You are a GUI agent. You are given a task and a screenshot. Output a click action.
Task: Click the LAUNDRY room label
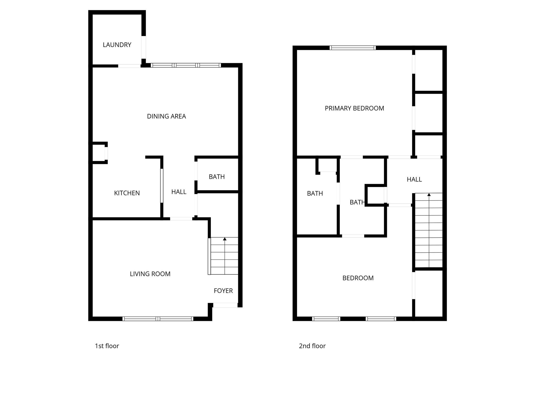pyautogui.click(x=117, y=45)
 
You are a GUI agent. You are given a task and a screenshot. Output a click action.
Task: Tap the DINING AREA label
pyautogui.click(x=166, y=116)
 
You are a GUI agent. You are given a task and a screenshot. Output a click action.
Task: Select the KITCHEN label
pyautogui.click(x=127, y=193)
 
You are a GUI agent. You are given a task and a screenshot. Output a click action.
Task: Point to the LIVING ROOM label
pyautogui.click(x=150, y=274)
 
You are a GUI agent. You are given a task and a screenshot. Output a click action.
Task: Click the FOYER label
pyautogui.click(x=223, y=291)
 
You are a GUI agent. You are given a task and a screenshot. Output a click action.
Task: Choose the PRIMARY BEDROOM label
pyautogui.click(x=354, y=108)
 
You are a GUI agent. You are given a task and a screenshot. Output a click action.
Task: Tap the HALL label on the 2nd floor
pyautogui.click(x=414, y=180)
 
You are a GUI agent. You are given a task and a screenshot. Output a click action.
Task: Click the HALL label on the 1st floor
pyautogui.click(x=179, y=192)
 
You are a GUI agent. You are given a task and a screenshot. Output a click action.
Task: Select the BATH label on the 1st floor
pyautogui.click(x=217, y=177)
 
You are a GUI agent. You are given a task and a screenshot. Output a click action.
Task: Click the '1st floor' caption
pyautogui.click(x=107, y=346)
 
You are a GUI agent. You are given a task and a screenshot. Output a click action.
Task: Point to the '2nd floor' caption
pyautogui.click(x=312, y=346)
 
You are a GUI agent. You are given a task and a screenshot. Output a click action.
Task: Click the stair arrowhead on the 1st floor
pyautogui.click(x=225, y=239)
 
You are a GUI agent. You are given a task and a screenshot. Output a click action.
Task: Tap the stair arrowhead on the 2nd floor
pyautogui.click(x=429, y=194)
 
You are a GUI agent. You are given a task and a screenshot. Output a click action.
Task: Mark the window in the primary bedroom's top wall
pyautogui.click(x=353, y=48)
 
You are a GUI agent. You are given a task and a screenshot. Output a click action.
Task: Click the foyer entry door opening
pyautogui.click(x=225, y=305)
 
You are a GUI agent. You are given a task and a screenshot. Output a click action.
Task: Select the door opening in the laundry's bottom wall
pyautogui.click(x=129, y=66)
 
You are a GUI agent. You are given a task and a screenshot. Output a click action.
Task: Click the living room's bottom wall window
pyautogui.click(x=158, y=319)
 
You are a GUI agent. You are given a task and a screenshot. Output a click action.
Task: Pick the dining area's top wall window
pyautogui.click(x=186, y=65)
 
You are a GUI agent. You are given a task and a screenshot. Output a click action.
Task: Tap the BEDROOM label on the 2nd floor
pyautogui.click(x=358, y=278)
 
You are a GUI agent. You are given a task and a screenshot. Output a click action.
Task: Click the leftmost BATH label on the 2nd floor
pyautogui.click(x=315, y=193)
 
